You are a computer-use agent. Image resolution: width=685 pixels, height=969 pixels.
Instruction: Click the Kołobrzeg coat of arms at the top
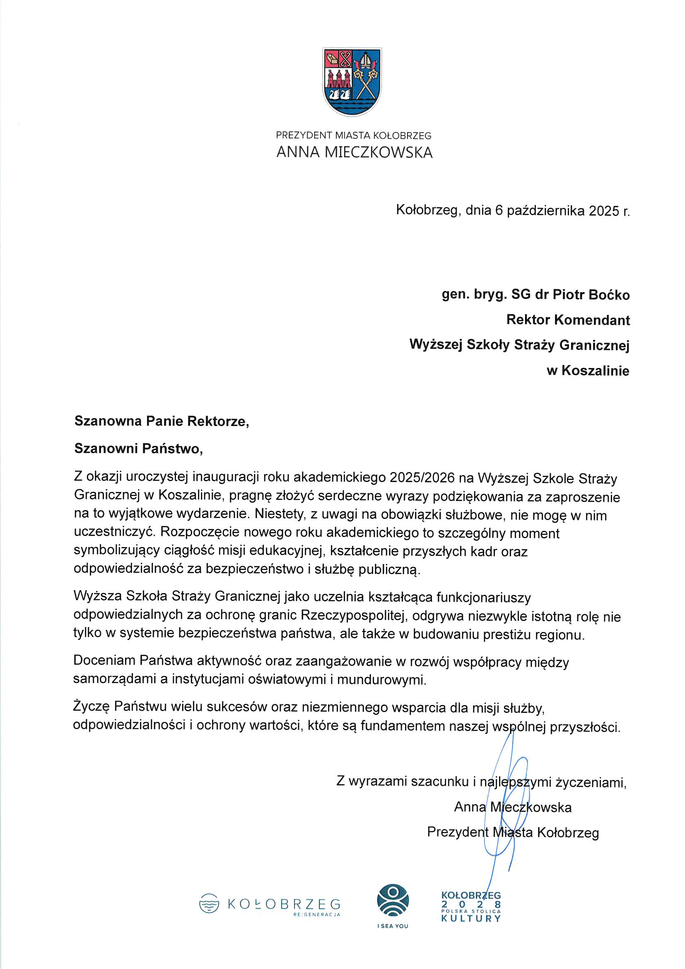click(x=352, y=82)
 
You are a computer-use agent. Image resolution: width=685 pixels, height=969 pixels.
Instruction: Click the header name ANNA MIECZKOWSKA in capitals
click(x=355, y=153)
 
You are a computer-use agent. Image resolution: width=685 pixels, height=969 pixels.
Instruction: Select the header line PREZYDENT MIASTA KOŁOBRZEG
click(x=353, y=136)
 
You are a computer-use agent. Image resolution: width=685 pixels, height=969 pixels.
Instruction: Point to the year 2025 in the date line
click(x=604, y=210)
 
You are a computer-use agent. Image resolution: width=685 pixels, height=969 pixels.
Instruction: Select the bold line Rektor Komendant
click(x=568, y=320)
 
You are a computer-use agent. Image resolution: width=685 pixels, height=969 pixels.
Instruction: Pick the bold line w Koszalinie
click(x=588, y=371)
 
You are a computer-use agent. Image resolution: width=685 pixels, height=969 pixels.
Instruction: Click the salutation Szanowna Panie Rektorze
click(x=162, y=421)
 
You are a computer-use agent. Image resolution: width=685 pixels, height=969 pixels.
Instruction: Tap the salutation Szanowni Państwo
click(x=138, y=448)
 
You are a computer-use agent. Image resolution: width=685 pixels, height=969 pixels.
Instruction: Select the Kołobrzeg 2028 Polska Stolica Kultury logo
click(x=471, y=906)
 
